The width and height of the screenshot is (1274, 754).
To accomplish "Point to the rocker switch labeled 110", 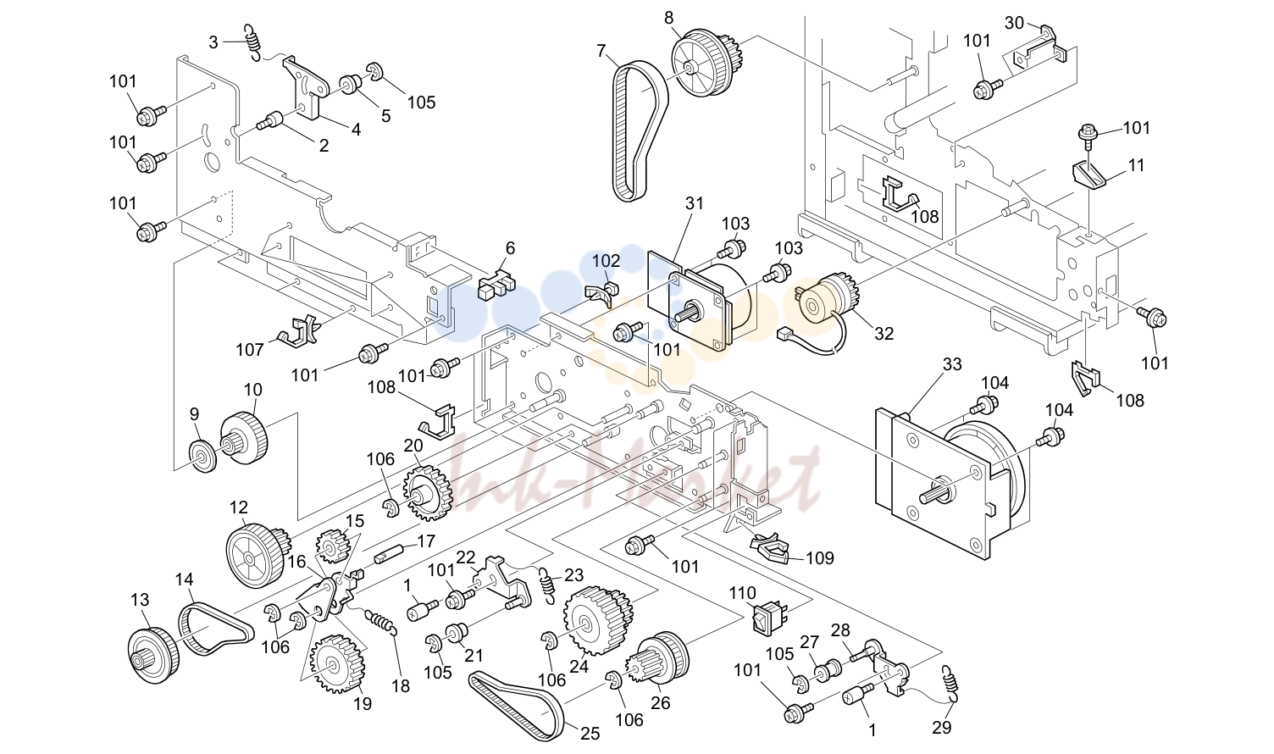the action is tap(769, 618).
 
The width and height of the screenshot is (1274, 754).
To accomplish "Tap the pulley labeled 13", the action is tap(152, 655).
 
